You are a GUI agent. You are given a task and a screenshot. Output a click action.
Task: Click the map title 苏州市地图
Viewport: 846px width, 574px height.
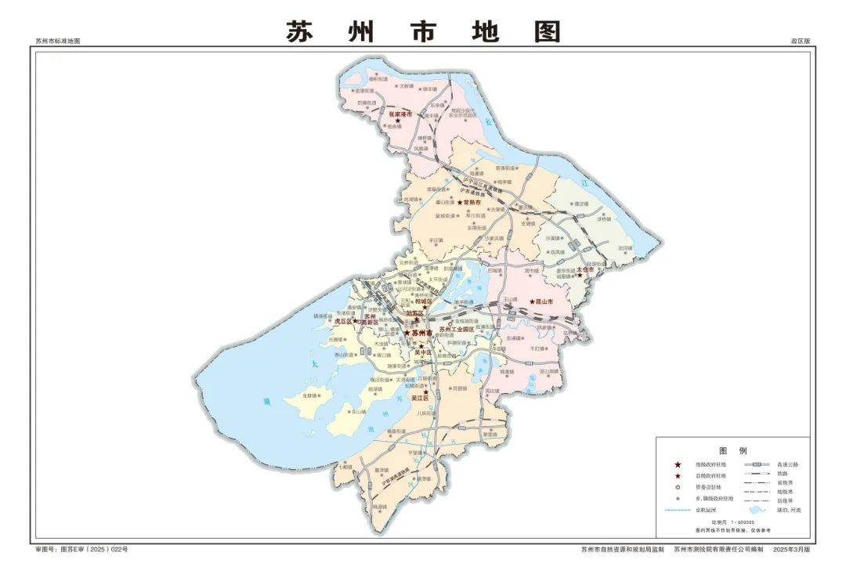tap(423, 31)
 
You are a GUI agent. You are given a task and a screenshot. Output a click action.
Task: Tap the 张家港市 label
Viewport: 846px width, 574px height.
tap(399, 114)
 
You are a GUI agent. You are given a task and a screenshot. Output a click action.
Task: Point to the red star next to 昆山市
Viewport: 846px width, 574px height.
tap(533, 301)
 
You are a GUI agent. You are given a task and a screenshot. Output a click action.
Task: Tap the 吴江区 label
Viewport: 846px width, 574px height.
tap(421, 399)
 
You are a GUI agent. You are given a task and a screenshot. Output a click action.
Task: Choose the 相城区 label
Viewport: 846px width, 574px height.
tap(424, 301)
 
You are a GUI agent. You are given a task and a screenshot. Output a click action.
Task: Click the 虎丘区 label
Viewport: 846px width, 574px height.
tap(345, 321)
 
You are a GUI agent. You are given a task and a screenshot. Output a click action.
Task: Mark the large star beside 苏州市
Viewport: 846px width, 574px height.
tap(407, 333)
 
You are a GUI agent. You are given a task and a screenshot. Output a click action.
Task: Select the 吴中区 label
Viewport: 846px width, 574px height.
tap(424, 352)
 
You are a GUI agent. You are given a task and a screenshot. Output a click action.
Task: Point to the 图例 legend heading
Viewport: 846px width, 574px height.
tap(732, 450)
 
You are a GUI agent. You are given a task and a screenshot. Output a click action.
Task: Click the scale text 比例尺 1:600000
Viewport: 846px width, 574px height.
tap(732, 522)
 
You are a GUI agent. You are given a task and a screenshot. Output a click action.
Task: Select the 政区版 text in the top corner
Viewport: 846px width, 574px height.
tap(800, 40)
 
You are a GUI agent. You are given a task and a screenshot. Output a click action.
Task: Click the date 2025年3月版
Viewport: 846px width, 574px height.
tap(791, 550)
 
